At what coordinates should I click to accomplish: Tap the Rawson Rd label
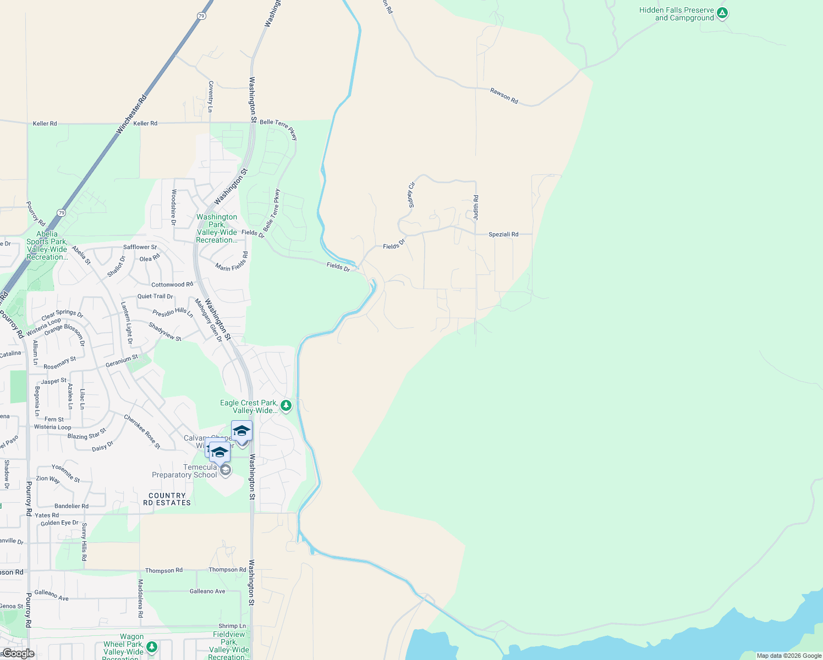point(504,96)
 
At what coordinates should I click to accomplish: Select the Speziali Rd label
point(503,234)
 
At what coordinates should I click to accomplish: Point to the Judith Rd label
point(476,208)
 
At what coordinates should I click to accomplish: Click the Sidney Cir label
point(411,195)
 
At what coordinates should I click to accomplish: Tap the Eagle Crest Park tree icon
point(286,406)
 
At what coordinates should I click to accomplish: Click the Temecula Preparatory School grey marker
point(225,471)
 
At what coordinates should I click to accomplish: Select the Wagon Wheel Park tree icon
point(152,647)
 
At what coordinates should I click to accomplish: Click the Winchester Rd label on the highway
point(131,114)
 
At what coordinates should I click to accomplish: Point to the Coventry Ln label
point(211,97)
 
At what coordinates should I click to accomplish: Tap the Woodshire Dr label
point(174,207)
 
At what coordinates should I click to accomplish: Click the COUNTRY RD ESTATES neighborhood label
point(167,499)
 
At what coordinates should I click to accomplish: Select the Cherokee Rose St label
point(142,432)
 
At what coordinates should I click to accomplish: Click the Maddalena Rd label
point(140,598)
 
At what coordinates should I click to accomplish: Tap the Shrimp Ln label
point(232,626)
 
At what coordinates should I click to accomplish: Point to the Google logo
point(18,653)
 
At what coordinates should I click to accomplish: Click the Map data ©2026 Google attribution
point(789,656)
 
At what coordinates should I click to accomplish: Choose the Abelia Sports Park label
point(47,245)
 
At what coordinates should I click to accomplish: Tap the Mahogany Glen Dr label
point(209,320)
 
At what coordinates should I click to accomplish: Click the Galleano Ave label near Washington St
point(207,591)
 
